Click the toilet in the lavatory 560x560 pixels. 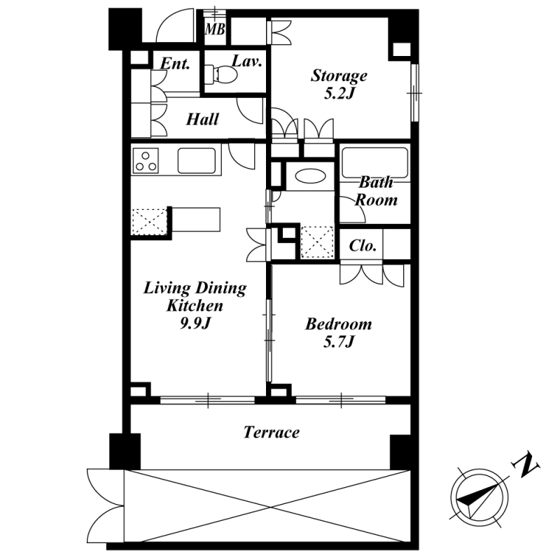[x=221, y=74]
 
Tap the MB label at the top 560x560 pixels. [x=215, y=29]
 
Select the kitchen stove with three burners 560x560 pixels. [x=146, y=161]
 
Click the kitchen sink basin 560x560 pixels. [x=197, y=161]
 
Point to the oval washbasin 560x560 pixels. [x=310, y=176]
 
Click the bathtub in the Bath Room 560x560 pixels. [x=374, y=162]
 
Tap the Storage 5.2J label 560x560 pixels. [x=339, y=85]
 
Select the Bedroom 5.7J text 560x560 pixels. [x=338, y=332]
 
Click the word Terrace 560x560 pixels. [x=272, y=432]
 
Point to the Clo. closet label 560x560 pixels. [x=363, y=246]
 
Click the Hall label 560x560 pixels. [x=202, y=119]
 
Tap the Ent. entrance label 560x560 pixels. [x=174, y=64]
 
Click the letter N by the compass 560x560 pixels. [x=526, y=465]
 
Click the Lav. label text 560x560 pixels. [x=247, y=61]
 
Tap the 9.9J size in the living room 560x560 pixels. [x=195, y=323]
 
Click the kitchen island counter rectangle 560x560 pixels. [x=196, y=220]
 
